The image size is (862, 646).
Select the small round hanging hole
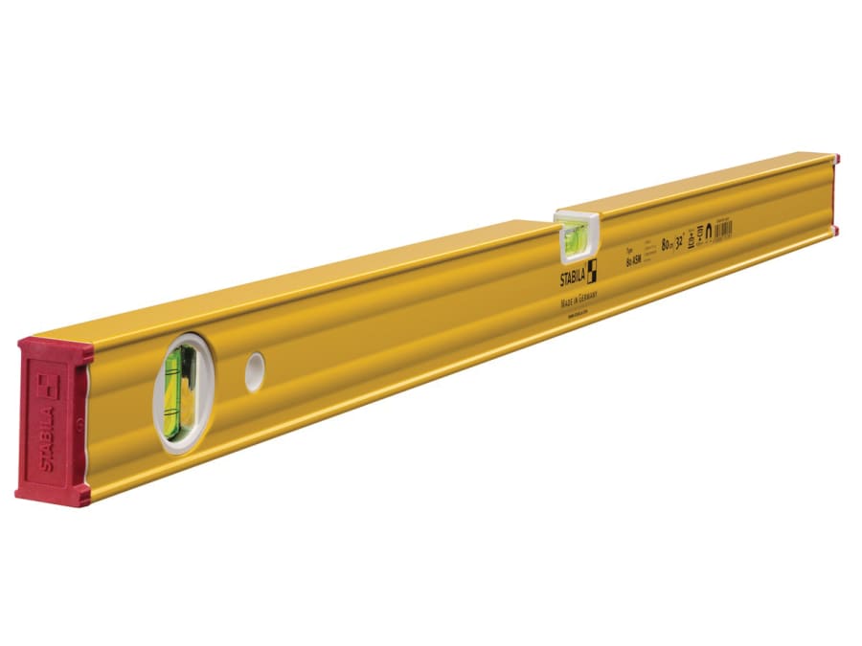254,370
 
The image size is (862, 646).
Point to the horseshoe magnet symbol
710,229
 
